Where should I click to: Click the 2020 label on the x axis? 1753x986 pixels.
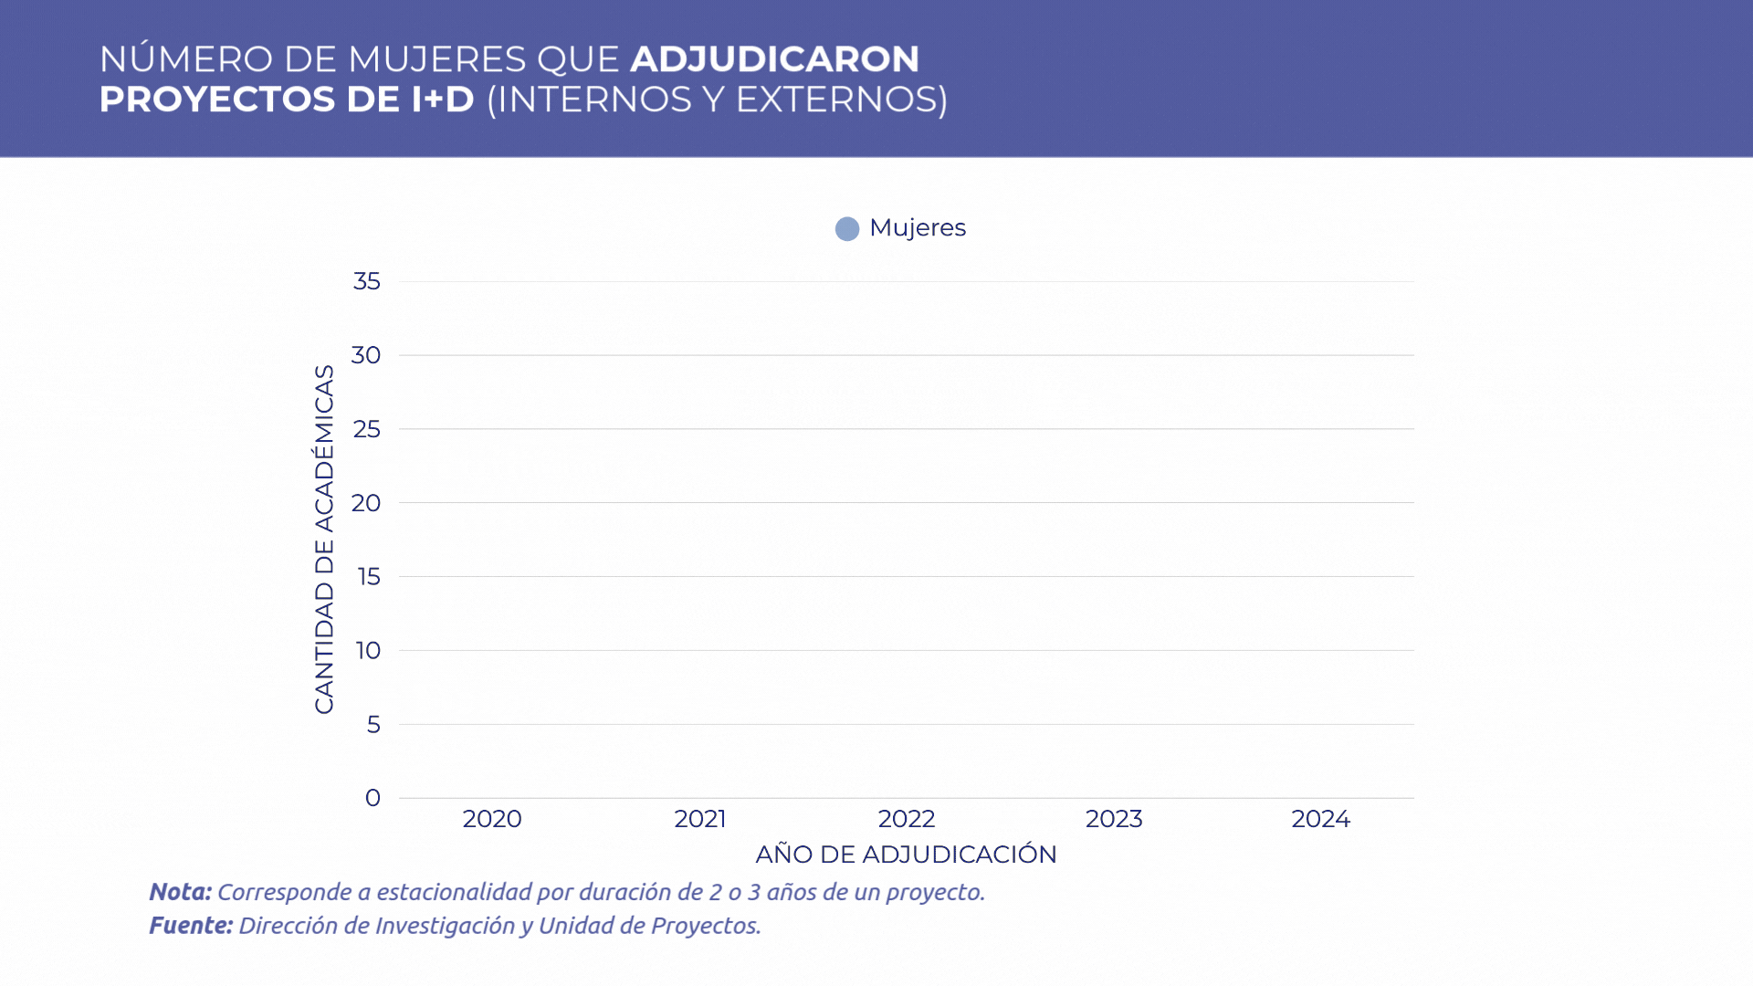click(x=492, y=819)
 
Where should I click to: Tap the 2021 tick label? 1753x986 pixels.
click(x=699, y=819)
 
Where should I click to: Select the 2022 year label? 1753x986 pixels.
click(x=907, y=819)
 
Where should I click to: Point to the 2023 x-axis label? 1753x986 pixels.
click(x=1114, y=819)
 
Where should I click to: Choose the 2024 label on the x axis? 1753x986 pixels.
click(x=1320, y=819)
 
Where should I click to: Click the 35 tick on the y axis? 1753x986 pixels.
click(x=367, y=281)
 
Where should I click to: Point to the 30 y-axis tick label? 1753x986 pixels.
click(x=366, y=355)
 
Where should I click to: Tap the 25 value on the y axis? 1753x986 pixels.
click(x=367, y=429)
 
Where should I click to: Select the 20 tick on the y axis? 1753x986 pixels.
click(x=366, y=503)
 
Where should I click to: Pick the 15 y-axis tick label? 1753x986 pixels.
click(x=369, y=577)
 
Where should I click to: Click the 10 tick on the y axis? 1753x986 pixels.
click(x=369, y=651)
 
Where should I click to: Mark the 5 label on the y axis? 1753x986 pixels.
click(x=373, y=725)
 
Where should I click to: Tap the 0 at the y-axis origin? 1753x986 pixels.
click(x=373, y=798)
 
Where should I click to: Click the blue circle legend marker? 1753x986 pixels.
click(x=847, y=229)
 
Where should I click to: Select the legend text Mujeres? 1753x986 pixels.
click(x=918, y=228)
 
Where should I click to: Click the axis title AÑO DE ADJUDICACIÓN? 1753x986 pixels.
click(x=906, y=855)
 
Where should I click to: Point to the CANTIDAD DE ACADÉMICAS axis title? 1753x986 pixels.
click(x=324, y=539)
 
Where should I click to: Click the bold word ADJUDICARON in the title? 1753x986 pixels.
click(x=774, y=59)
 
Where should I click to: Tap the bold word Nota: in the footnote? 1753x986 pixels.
click(x=180, y=892)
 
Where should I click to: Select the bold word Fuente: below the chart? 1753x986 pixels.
click(x=191, y=926)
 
